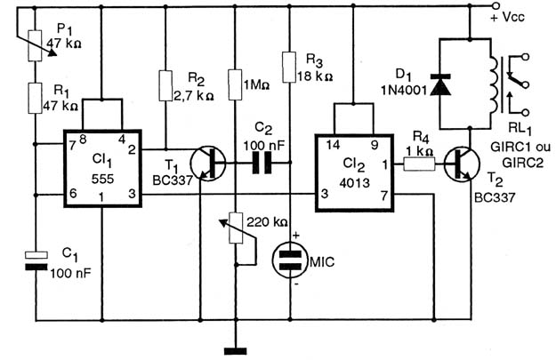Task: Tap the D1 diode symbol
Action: pyautogui.click(x=440, y=84)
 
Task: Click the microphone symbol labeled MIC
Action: pyautogui.click(x=290, y=260)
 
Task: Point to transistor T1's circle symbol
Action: pyautogui.click(x=208, y=163)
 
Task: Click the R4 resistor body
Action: pyautogui.click(x=420, y=164)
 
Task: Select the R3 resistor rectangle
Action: pyautogui.click(x=289, y=67)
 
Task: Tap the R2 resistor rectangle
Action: pyautogui.click(x=165, y=85)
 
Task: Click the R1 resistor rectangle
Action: pyautogui.click(x=35, y=98)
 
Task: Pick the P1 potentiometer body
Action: pyautogui.click(x=35, y=45)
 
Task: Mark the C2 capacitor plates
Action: pyautogui.click(x=262, y=163)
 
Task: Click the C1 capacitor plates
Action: pyautogui.click(x=36, y=260)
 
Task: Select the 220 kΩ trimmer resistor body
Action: pyautogui.click(x=236, y=228)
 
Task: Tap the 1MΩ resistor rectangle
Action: pyautogui.click(x=235, y=85)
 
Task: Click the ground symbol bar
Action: pyautogui.click(x=236, y=351)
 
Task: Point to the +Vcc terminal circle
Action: pyautogui.click(x=496, y=6)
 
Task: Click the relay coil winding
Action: pyautogui.click(x=493, y=84)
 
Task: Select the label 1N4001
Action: pyautogui.click(x=404, y=91)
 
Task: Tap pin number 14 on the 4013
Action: pyautogui.click(x=333, y=145)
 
